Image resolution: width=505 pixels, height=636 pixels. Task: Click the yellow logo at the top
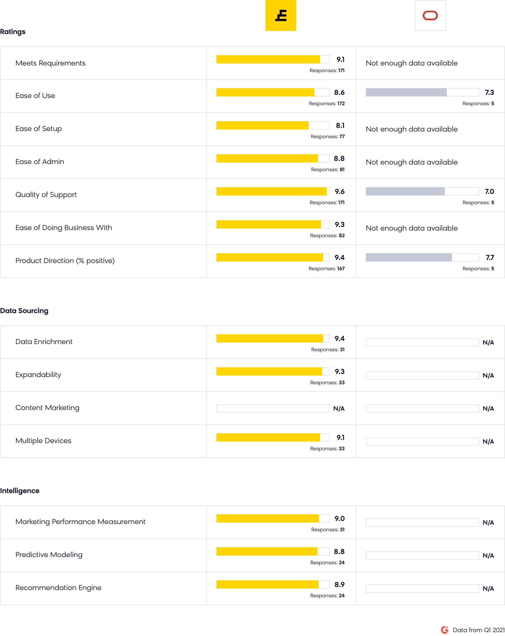tap(281, 15)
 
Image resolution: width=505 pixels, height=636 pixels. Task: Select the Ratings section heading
tap(13, 31)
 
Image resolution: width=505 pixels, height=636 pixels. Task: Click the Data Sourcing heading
tap(24, 311)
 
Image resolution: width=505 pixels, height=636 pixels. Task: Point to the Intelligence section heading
tap(20, 491)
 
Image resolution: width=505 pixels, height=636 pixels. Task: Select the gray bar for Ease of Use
tap(406, 92)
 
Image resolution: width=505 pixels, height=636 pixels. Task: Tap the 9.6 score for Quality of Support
tap(339, 191)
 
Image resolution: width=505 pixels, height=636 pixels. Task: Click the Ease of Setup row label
tap(39, 129)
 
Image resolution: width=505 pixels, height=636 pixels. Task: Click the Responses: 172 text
tap(326, 103)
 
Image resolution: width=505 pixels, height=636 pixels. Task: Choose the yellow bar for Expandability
tap(269, 371)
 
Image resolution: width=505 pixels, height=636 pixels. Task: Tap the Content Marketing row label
tap(47, 408)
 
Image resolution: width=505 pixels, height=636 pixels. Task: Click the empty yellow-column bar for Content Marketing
tap(273, 409)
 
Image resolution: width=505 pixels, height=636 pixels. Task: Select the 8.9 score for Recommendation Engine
tap(339, 584)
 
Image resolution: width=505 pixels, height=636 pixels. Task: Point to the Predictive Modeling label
tap(49, 555)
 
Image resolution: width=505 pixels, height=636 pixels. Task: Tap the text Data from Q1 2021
tap(478, 630)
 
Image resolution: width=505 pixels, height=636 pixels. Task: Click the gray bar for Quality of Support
tap(405, 191)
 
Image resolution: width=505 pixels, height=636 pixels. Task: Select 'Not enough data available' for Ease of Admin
tap(412, 162)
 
